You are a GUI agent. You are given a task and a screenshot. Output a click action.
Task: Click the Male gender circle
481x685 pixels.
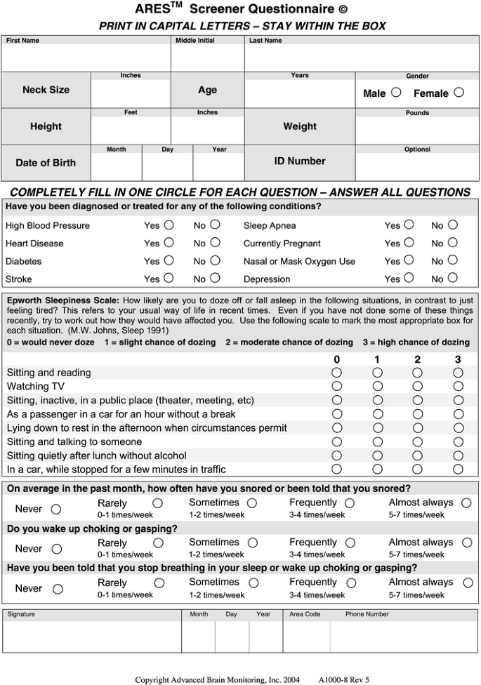pyautogui.click(x=396, y=92)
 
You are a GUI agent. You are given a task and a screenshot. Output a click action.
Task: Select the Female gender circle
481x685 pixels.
pyautogui.click(x=459, y=92)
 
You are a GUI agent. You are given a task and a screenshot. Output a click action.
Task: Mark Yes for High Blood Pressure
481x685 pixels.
pyautogui.click(x=169, y=225)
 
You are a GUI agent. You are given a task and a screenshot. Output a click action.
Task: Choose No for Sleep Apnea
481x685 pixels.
pyautogui.click(x=453, y=225)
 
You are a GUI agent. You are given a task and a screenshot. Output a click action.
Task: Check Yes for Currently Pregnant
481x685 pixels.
pyautogui.click(x=409, y=243)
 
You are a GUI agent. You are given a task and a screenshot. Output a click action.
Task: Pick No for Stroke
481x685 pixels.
pyautogui.click(x=215, y=278)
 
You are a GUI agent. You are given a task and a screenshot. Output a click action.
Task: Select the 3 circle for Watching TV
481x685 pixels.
pyautogui.click(x=458, y=386)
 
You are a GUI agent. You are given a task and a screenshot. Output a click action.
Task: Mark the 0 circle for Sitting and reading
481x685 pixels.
pyautogui.click(x=337, y=373)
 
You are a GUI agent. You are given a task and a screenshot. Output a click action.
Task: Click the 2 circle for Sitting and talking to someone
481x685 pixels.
pyautogui.click(x=418, y=441)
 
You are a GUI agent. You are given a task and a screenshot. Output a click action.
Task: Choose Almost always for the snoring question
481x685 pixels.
pyautogui.click(x=467, y=503)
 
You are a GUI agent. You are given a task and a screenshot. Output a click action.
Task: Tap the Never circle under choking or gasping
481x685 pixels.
pyautogui.click(x=57, y=549)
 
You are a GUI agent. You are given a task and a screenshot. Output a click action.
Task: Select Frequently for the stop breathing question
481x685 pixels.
pyautogui.click(x=350, y=583)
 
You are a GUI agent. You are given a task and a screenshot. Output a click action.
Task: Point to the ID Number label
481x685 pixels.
pyautogui.click(x=300, y=161)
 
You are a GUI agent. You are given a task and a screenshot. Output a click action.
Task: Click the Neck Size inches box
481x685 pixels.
pyautogui.click(x=131, y=93)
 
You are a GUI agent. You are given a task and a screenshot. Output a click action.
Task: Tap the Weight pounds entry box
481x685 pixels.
pyautogui.click(x=417, y=130)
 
